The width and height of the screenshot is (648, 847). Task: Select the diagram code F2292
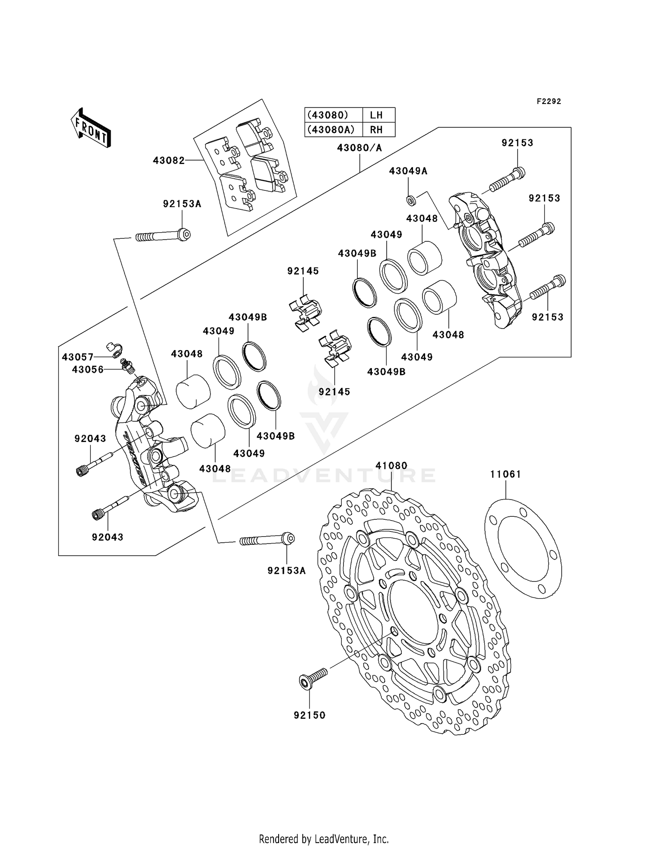[549, 101]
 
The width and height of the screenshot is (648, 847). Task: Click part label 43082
[168, 161]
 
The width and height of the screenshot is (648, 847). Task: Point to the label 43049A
[408, 171]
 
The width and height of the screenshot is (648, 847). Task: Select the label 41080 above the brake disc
[391, 466]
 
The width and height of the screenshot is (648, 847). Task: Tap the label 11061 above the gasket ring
[505, 474]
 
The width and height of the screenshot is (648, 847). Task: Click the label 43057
[77, 357]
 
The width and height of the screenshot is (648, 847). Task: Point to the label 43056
[88, 370]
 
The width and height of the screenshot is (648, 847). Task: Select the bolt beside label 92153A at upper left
[163, 236]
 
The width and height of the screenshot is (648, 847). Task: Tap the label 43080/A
[359, 148]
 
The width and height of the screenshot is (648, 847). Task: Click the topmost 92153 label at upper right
[517, 143]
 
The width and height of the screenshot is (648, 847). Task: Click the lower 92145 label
[334, 392]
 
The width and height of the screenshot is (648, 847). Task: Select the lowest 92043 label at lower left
[107, 537]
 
